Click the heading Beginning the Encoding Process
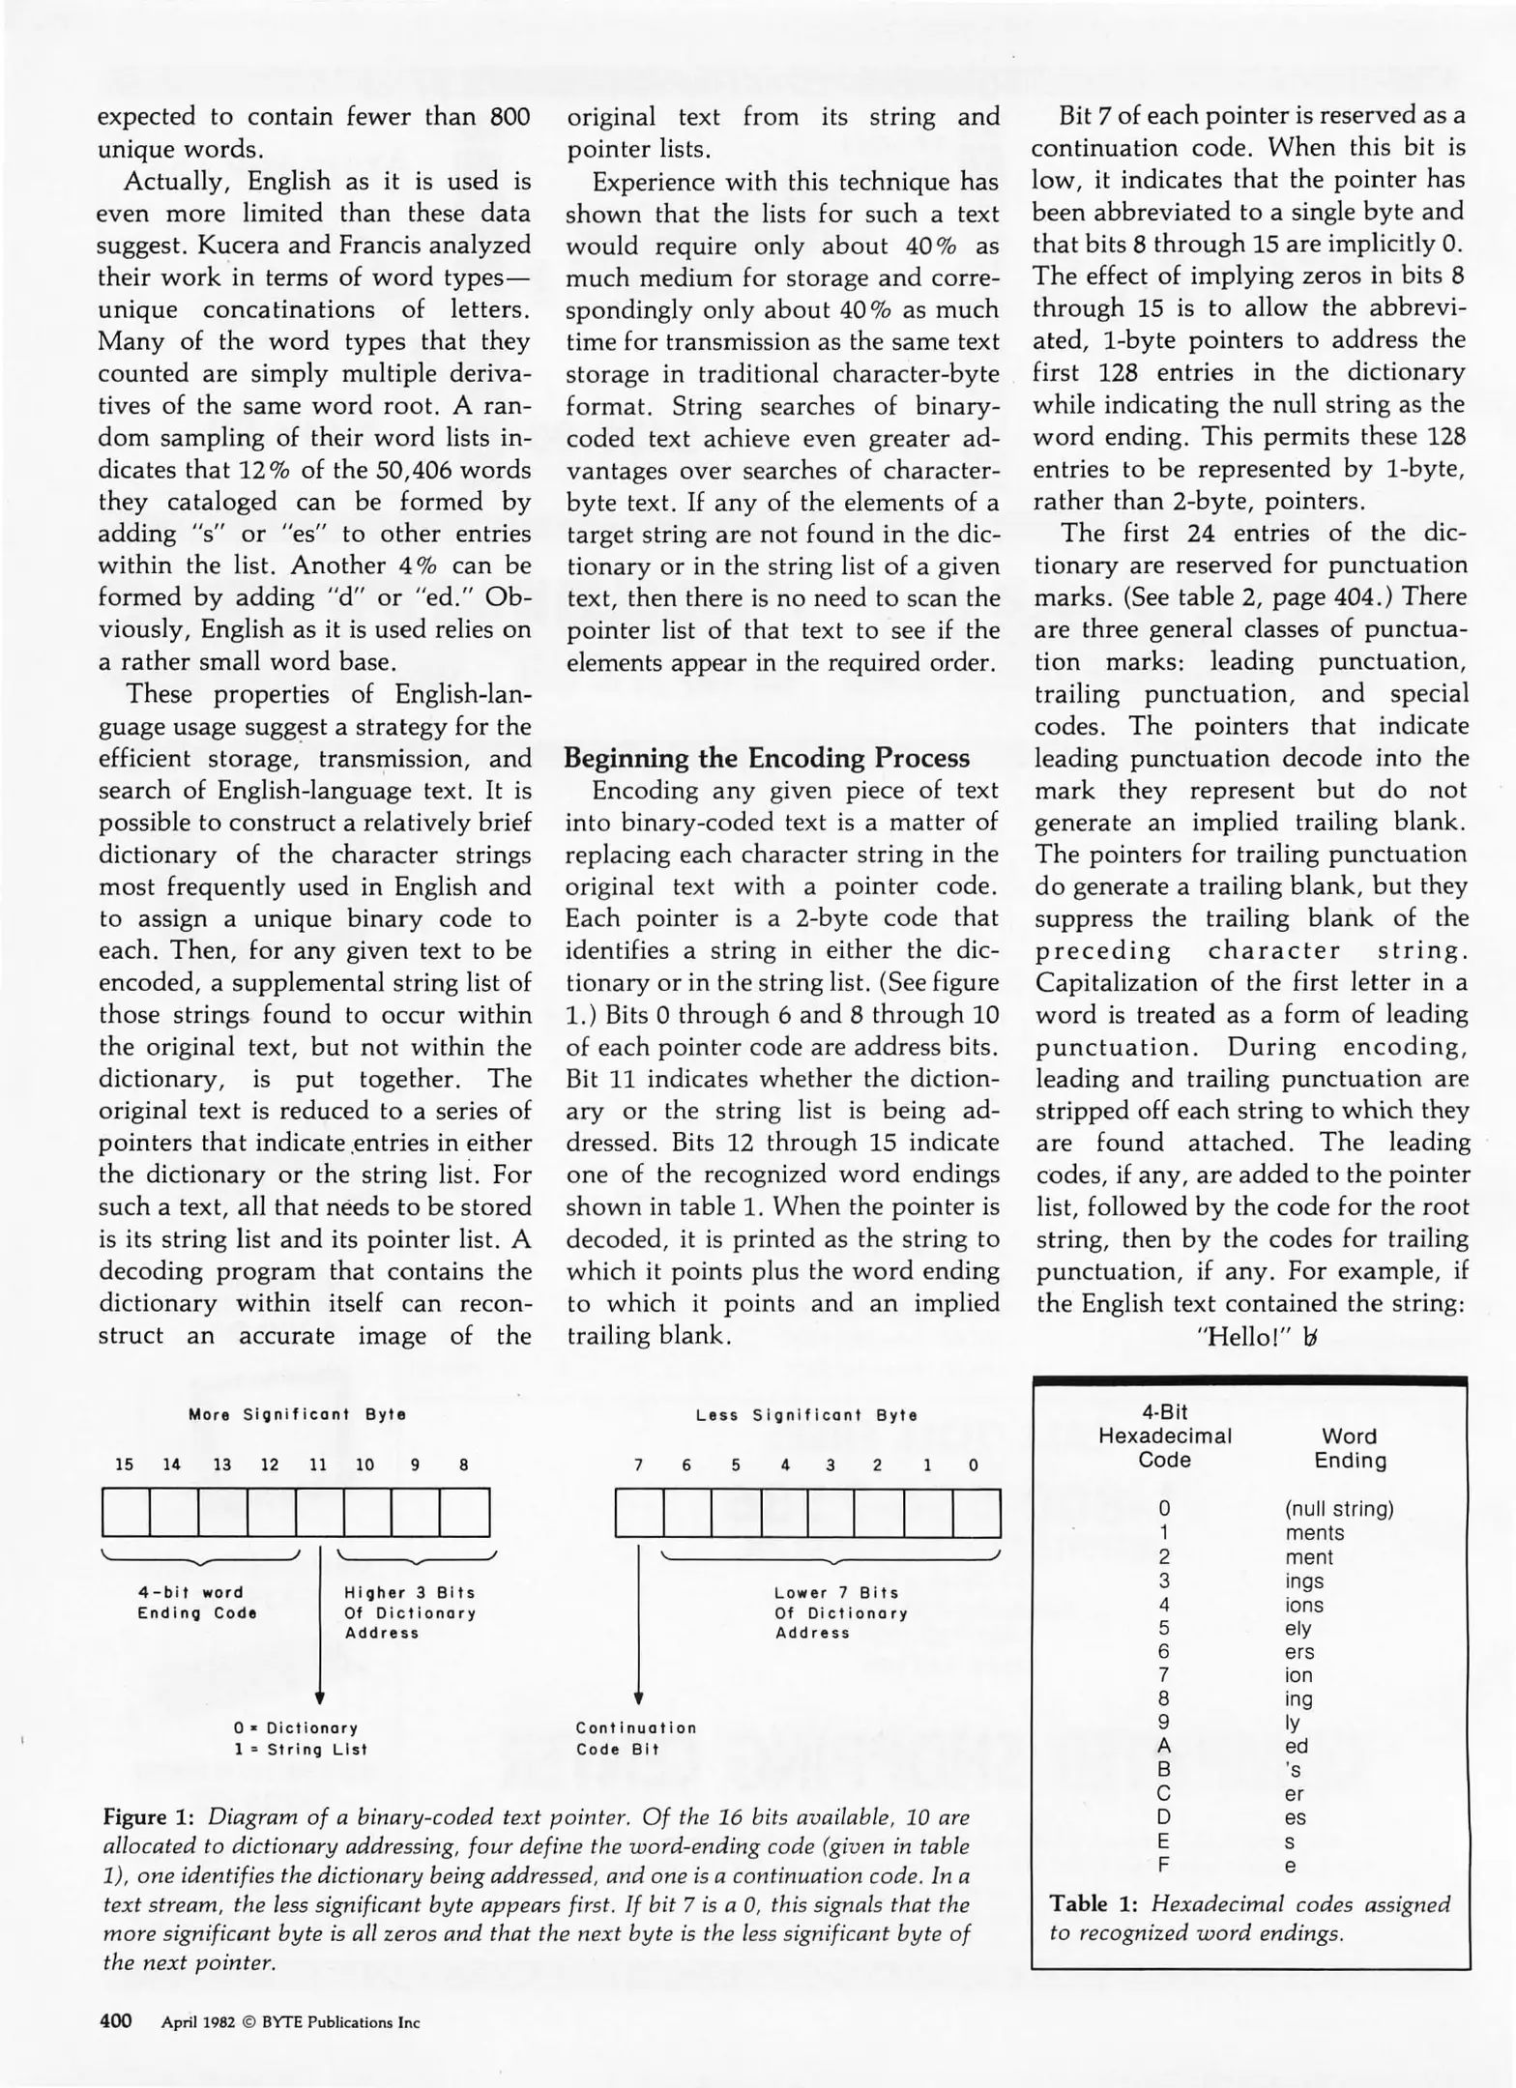766,758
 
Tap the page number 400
115,2021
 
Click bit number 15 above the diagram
125,1464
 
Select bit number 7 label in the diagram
638,1465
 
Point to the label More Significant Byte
297,1414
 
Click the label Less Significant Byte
806,1415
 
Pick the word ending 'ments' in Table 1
1314,1533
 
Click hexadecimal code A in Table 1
1164,1746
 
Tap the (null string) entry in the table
1339,1509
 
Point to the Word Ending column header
1350,1448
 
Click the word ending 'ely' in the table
1298,1628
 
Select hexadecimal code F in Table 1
1164,1865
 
